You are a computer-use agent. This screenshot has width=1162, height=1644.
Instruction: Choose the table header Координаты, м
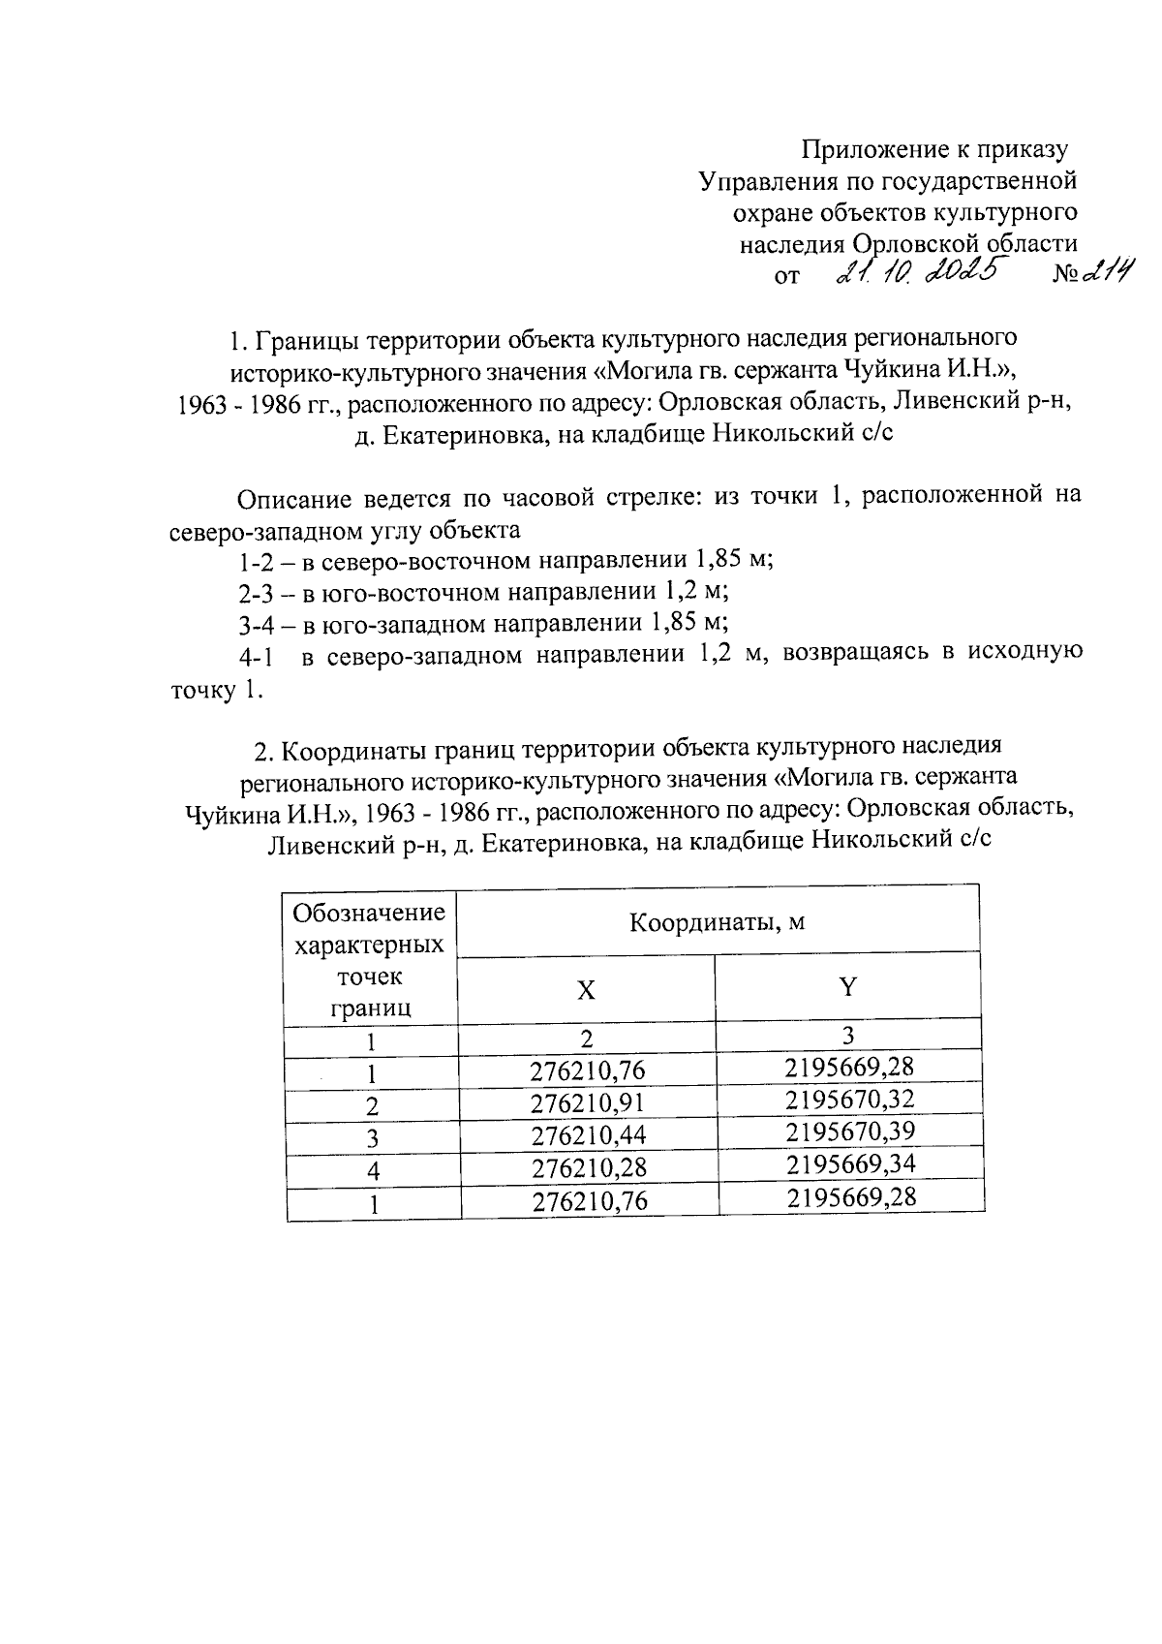pos(718,922)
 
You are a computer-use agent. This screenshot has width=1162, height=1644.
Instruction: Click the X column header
pos(586,990)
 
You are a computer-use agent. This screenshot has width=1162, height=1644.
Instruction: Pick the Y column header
pos(848,988)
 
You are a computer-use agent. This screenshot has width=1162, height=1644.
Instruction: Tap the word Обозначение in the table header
pos(369,913)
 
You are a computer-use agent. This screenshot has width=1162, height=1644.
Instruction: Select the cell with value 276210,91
pos(588,1102)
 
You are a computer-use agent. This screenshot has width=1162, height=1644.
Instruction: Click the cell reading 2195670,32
pos(850,1100)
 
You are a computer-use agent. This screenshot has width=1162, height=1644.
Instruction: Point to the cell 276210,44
pos(588,1135)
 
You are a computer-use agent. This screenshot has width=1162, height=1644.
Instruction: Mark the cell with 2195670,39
pos(850,1132)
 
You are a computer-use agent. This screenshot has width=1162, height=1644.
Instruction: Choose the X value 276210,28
pos(588,1168)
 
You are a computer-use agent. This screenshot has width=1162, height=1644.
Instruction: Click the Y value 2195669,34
pos(850,1163)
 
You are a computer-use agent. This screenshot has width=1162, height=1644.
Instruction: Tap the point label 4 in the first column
pos(373,1171)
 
